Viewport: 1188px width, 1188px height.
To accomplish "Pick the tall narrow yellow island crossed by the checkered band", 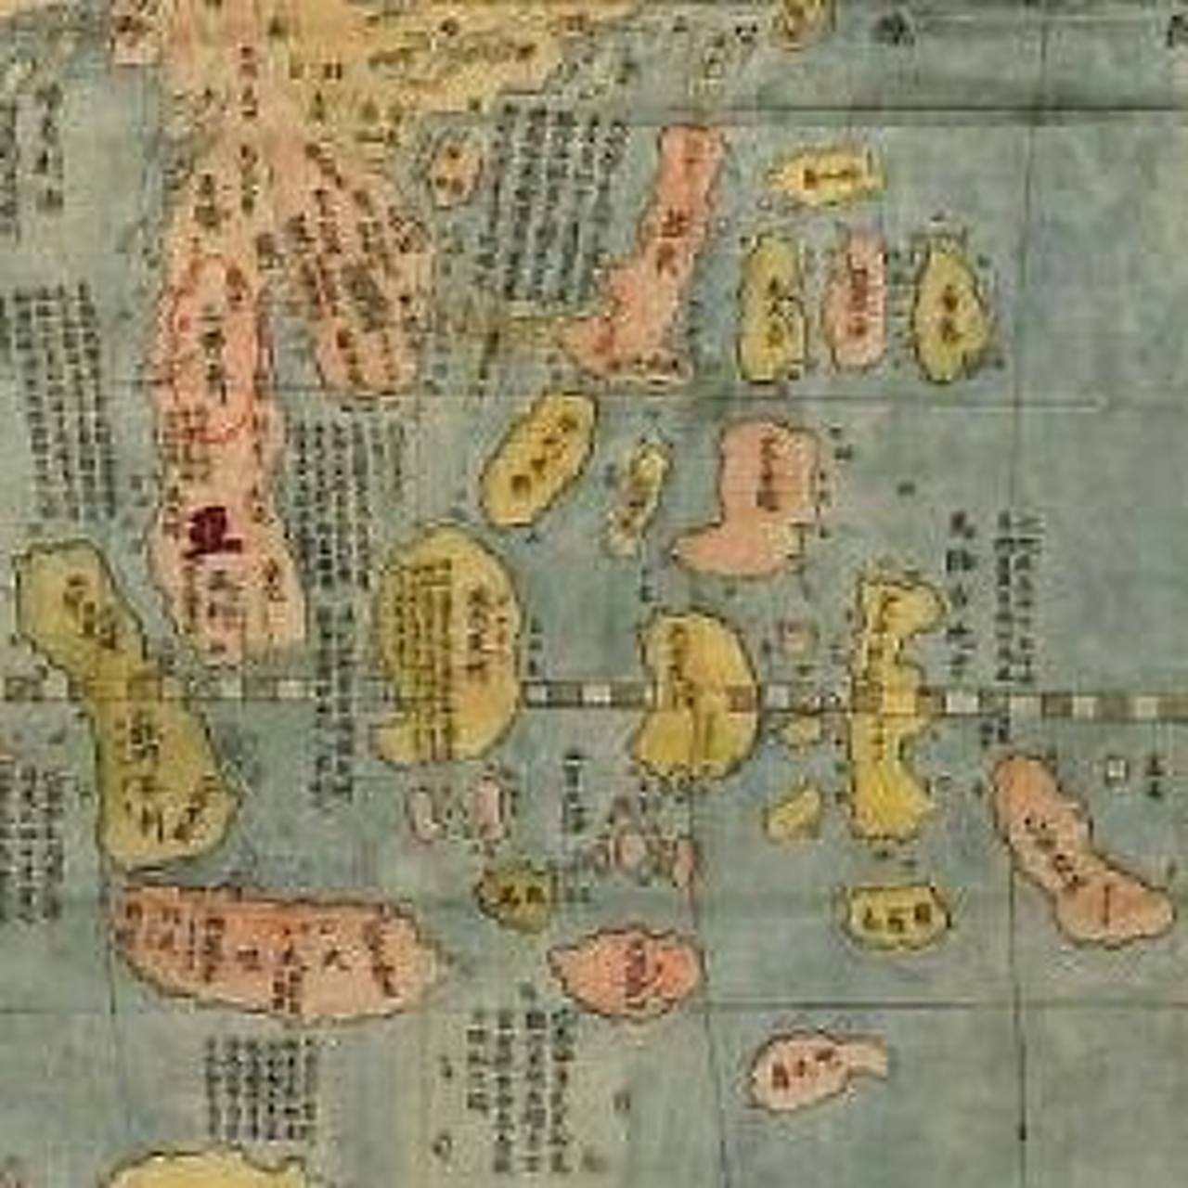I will [x=891, y=705].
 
